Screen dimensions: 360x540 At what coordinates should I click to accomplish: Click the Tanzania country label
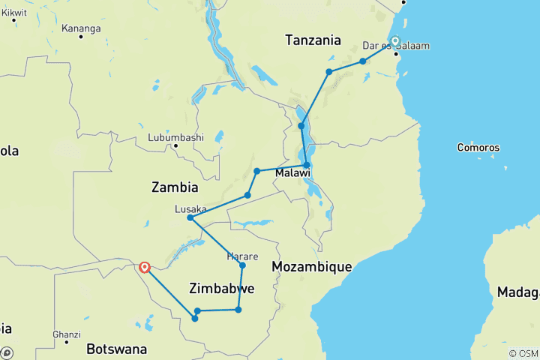pos(313,40)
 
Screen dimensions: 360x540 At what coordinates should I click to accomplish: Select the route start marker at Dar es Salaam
pos(395,42)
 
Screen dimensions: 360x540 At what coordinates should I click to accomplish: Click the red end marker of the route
pos(144,266)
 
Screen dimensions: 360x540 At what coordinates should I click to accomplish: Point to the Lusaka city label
pos(190,208)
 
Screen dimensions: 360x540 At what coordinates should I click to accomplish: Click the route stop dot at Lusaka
pos(190,218)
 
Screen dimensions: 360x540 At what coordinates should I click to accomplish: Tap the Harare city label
pos(242,256)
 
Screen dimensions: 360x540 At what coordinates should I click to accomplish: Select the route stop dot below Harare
pos(242,265)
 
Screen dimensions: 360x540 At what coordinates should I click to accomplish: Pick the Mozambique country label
pos(311,267)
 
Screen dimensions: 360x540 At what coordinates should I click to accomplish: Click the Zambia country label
pos(174,187)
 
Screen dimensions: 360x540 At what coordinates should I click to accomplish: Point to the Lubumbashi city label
pos(175,137)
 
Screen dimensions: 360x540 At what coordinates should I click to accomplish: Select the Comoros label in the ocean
pos(478,148)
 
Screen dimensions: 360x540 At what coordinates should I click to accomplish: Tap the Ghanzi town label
pos(66,334)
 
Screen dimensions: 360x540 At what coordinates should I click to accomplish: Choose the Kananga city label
pos(80,28)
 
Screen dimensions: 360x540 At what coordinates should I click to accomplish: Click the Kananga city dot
pos(80,37)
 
